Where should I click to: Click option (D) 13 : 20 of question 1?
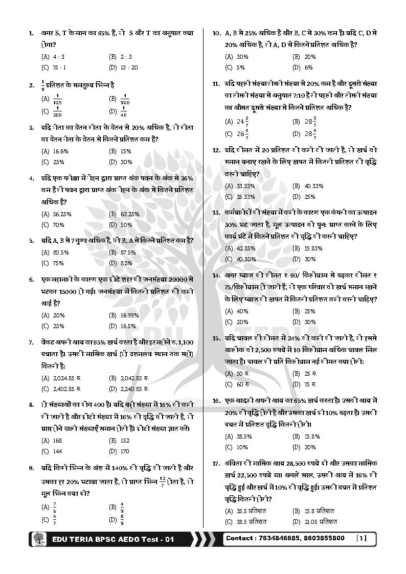click(x=129, y=67)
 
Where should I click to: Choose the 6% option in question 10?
click(x=308, y=67)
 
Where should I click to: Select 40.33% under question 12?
click(x=313, y=186)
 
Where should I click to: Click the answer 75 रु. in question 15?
click(x=310, y=385)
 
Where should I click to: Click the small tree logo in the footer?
click(x=38, y=539)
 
